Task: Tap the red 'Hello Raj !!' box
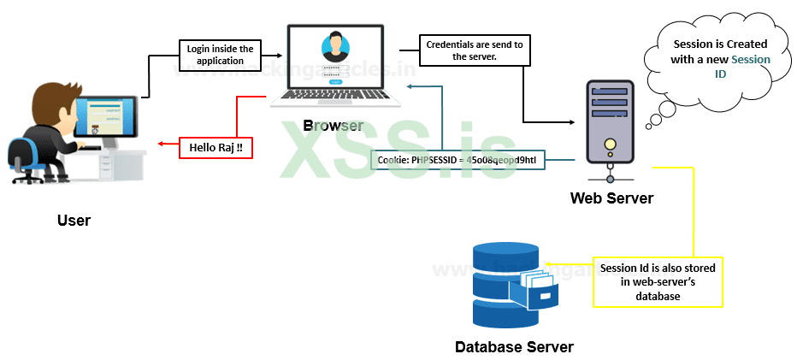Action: pyautogui.click(x=215, y=147)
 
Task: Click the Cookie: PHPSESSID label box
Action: pyautogui.click(x=458, y=159)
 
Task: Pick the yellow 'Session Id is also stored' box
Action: pyautogui.click(x=658, y=281)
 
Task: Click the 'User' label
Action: pyautogui.click(x=74, y=221)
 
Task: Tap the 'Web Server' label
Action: pyautogui.click(x=611, y=198)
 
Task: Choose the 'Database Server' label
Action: pyautogui.click(x=514, y=347)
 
